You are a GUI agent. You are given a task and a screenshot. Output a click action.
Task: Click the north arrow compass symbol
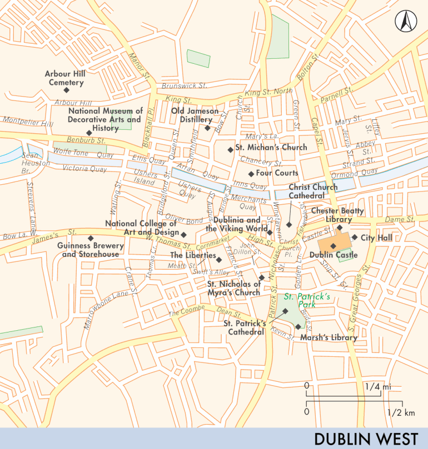tap(406, 22)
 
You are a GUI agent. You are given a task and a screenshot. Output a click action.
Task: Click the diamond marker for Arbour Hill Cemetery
tap(66, 90)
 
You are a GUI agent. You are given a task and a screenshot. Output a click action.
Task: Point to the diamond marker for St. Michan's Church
tap(230, 149)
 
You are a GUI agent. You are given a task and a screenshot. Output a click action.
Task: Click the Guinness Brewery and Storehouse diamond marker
tap(90, 239)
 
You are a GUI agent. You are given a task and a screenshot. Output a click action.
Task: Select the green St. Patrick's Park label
tap(307, 300)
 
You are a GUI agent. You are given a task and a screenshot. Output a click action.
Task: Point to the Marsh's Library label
tap(329, 337)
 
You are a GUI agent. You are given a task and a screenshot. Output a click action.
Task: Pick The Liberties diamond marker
tap(220, 259)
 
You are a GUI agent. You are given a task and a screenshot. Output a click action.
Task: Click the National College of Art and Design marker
tap(184, 233)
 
